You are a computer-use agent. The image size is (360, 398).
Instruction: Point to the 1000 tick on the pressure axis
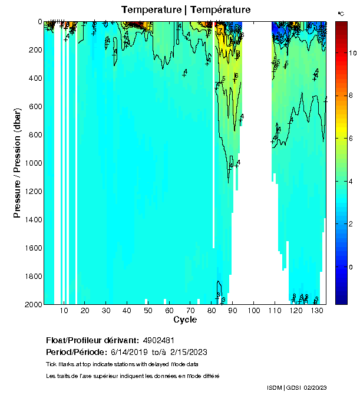coord(34,163)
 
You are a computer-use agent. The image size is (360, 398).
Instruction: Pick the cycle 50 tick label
coord(148,311)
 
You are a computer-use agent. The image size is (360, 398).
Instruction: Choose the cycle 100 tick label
coord(253,311)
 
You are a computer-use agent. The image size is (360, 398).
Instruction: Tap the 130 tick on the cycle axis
coord(316,311)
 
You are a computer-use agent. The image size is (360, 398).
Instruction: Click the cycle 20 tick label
coord(85,311)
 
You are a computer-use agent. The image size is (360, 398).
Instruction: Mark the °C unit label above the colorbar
coord(341,13)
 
